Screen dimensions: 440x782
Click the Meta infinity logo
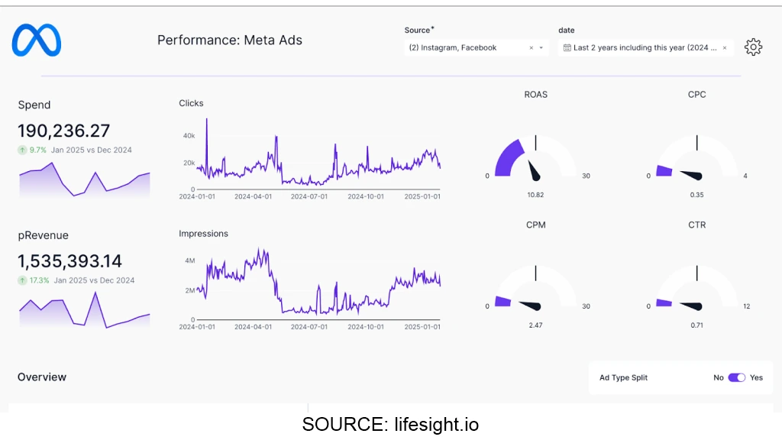tap(36, 40)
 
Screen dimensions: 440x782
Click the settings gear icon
tap(753, 47)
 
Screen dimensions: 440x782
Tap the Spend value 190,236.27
tap(63, 131)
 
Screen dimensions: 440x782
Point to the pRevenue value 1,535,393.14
tap(69, 261)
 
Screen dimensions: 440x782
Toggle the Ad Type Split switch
tap(736, 377)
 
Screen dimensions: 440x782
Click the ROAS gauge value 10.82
tap(535, 195)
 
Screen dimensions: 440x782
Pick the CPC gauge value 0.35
tap(696, 195)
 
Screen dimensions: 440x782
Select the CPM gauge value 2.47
tap(535, 325)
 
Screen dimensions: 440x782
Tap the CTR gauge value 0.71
tap(696, 325)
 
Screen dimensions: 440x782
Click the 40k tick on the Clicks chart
tap(189, 136)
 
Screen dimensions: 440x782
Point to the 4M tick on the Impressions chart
tap(190, 260)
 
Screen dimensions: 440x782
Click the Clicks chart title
tap(191, 103)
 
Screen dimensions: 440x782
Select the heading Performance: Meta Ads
tap(230, 40)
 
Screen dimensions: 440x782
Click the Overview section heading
tap(42, 377)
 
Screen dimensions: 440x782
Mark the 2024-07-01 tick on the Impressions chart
tap(311, 327)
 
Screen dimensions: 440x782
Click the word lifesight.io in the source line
tap(437, 425)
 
